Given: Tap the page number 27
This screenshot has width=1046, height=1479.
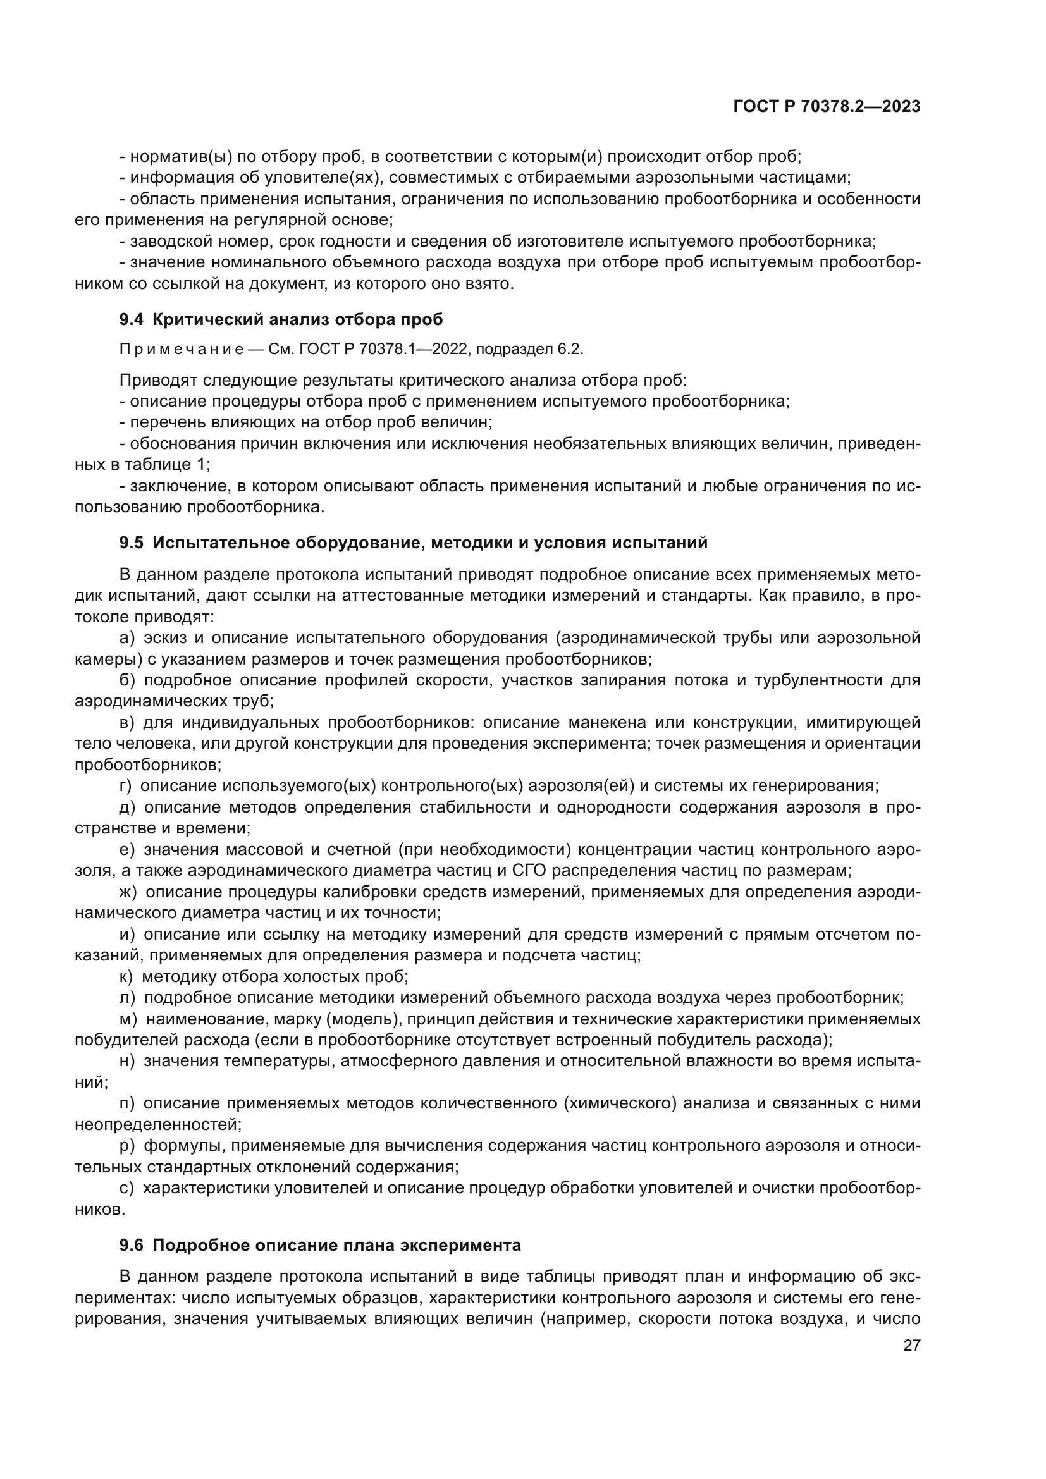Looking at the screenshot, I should pos(911,1346).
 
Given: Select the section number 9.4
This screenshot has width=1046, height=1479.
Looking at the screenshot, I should pos(133,319).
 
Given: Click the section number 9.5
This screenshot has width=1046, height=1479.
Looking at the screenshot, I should pos(133,543).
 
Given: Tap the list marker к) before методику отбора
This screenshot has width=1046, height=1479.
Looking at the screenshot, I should pos(127,977).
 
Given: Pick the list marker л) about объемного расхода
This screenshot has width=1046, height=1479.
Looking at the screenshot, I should pos(127,998).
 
